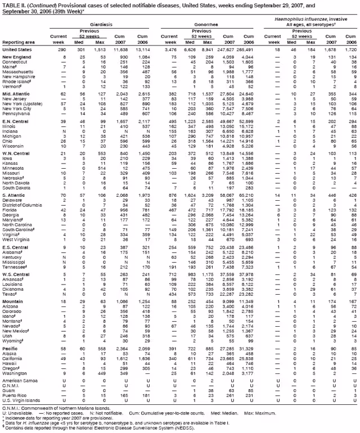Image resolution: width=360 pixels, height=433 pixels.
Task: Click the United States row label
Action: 18,50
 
